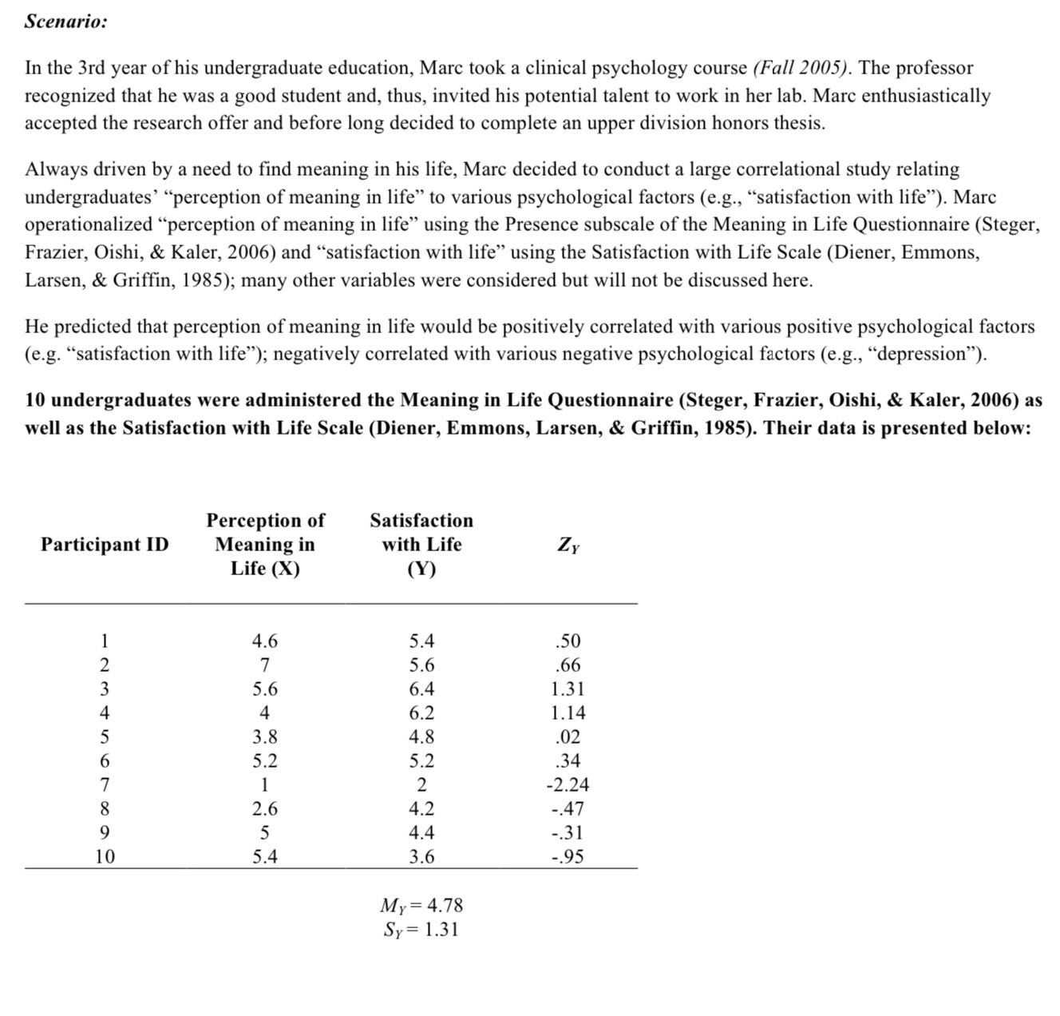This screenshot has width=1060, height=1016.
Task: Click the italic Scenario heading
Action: (65, 22)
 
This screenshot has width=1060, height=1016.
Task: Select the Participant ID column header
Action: (105, 545)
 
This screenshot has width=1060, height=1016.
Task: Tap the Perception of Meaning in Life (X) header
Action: (265, 545)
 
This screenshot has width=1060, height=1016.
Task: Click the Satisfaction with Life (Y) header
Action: (421, 545)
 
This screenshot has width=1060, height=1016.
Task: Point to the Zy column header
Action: (568, 546)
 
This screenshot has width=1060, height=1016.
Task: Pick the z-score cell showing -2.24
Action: (568, 785)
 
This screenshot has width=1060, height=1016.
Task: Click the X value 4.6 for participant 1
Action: (265, 641)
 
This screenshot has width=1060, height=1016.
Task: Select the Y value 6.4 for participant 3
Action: (421, 689)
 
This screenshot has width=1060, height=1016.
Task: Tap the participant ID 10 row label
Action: (105, 857)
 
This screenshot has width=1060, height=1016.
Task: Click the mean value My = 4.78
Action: (421, 906)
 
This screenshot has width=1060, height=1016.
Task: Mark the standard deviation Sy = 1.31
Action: (421, 930)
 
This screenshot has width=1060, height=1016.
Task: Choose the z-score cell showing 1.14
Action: (568, 713)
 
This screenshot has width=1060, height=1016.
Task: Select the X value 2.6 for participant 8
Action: (265, 809)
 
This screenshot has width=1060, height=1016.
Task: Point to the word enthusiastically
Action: (925, 97)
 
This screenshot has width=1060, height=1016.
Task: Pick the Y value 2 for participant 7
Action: (421, 785)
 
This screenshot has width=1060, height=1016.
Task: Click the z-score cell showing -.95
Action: (568, 857)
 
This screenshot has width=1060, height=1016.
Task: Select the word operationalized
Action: (88, 225)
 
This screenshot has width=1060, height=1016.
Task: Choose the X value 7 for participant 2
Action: (265, 665)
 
